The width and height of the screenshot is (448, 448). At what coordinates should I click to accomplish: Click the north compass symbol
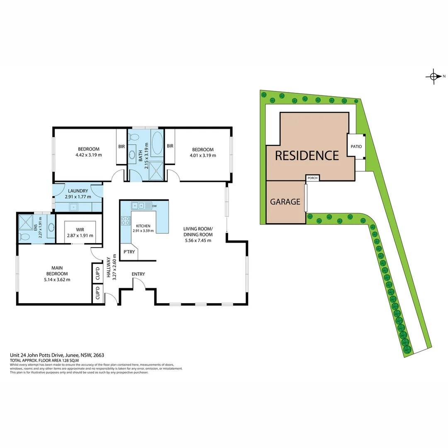tap(434, 76)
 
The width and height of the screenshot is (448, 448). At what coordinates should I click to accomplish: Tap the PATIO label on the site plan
tap(356, 146)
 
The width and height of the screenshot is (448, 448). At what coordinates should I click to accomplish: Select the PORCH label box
tap(312, 178)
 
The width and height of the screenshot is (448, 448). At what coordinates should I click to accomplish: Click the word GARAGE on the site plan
tap(285, 202)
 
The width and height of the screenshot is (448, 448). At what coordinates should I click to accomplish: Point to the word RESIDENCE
tap(307, 156)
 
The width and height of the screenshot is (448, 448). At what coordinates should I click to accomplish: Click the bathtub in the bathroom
tap(157, 144)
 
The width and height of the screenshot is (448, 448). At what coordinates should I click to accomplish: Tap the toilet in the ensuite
tap(24, 237)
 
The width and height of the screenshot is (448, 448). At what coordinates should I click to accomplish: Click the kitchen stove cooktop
tap(125, 221)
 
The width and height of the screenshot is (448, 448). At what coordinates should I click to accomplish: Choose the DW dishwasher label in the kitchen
tap(154, 206)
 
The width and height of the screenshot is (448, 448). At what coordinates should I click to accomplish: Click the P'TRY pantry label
tap(127, 252)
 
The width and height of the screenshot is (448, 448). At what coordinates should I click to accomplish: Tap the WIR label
tap(80, 229)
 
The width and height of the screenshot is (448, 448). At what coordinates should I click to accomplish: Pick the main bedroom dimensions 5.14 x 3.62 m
tap(57, 279)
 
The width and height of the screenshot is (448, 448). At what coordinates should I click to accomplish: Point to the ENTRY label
tap(138, 274)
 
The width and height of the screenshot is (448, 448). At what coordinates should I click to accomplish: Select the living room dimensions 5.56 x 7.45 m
tap(198, 240)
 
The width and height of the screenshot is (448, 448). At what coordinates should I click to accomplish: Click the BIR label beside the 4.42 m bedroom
tap(122, 146)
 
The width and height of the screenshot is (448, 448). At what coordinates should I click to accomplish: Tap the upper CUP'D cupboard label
tap(97, 273)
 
